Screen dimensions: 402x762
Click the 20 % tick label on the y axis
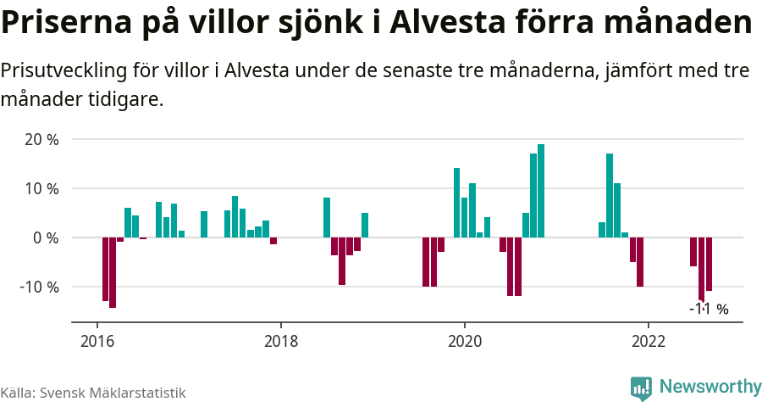[x=41, y=139]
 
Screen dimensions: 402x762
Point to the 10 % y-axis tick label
[x=41, y=188]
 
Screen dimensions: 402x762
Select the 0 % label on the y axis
[x=46, y=237]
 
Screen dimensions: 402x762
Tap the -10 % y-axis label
[x=39, y=287]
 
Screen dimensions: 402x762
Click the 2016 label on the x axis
[x=97, y=342]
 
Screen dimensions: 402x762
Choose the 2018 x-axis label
[x=281, y=342]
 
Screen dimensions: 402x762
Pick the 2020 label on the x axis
[x=464, y=342]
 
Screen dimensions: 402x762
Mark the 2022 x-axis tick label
[x=648, y=342]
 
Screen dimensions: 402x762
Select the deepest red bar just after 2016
[x=113, y=272]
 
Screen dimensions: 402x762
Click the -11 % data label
[x=709, y=310]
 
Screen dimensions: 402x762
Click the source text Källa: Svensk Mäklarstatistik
[x=93, y=393]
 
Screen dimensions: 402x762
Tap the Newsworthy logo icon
[x=641, y=388]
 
